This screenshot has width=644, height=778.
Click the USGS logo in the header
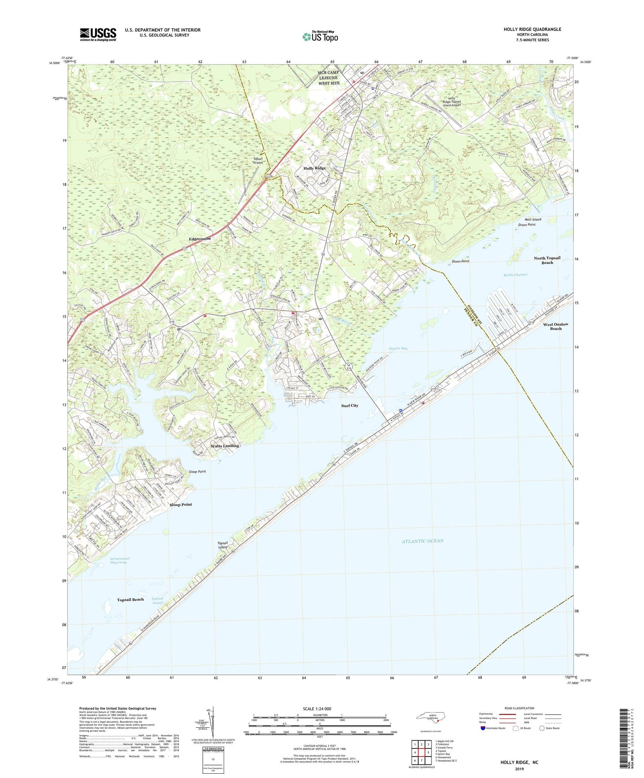point(98,34)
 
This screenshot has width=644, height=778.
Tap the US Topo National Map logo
point(320,36)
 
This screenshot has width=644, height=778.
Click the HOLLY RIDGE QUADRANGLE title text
point(526,29)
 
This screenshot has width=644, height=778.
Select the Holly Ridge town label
point(315,168)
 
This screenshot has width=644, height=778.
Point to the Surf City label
point(349,406)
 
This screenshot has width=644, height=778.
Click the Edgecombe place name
point(200,239)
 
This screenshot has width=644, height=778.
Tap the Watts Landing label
point(225,446)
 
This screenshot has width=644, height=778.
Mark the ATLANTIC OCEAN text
point(422,541)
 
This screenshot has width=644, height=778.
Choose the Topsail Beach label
point(130,599)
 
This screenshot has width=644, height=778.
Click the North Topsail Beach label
point(547,260)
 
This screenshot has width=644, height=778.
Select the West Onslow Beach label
point(556,326)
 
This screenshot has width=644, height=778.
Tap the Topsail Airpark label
point(258,160)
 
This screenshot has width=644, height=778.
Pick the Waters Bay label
point(398,348)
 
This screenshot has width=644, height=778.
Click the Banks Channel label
point(514,274)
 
